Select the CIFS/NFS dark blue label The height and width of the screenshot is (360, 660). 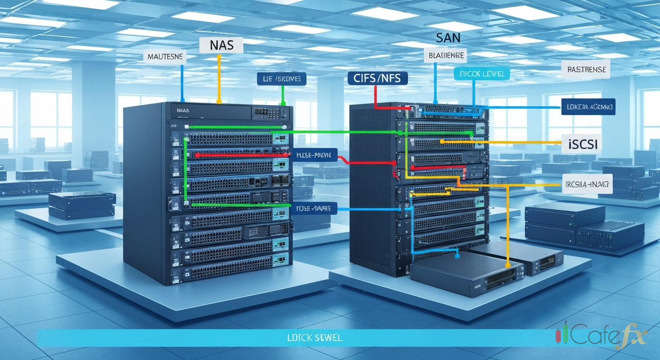(378, 78)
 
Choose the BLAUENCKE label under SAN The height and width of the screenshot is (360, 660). (446, 56)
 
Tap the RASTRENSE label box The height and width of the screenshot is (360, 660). (586, 70)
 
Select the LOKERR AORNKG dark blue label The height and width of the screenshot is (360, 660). (588, 107)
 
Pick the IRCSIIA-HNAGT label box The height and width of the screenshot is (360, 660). (586, 184)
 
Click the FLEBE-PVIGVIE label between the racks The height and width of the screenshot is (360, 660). (314, 155)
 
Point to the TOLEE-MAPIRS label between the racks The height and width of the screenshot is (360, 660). (314, 208)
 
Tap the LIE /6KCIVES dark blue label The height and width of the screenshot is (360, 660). (281, 79)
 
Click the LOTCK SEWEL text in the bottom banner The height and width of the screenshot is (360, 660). (316, 337)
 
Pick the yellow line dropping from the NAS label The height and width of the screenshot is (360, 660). (218, 80)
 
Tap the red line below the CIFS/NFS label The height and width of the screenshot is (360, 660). (375, 96)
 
